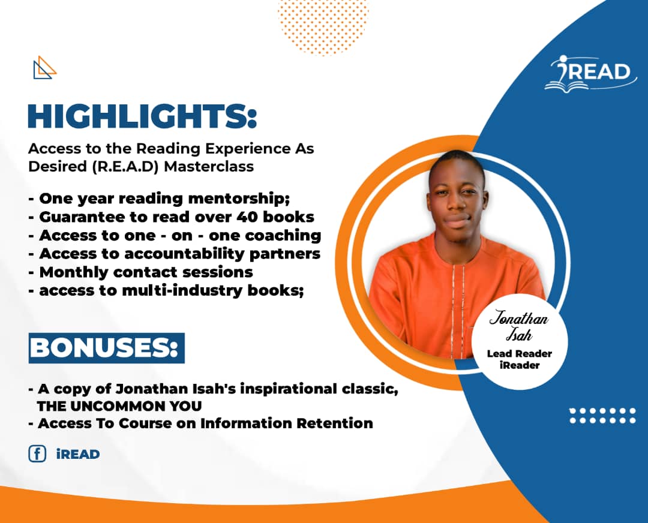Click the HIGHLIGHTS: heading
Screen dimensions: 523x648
click(x=142, y=116)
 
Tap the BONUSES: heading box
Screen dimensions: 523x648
click(x=106, y=348)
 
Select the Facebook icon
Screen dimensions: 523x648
click(x=37, y=454)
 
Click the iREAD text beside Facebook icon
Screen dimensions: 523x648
click(x=77, y=454)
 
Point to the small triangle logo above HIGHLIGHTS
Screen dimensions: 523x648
click(x=44, y=67)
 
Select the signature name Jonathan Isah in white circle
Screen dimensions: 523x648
click(x=519, y=326)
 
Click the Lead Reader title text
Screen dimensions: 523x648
click(x=519, y=353)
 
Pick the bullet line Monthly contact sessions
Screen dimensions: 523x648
click(x=146, y=272)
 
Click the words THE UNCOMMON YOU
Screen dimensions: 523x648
click(x=119, y=406)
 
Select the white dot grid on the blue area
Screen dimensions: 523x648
click(x=602, y=416)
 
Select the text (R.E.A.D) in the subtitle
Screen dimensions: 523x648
click(x=123, y=166)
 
